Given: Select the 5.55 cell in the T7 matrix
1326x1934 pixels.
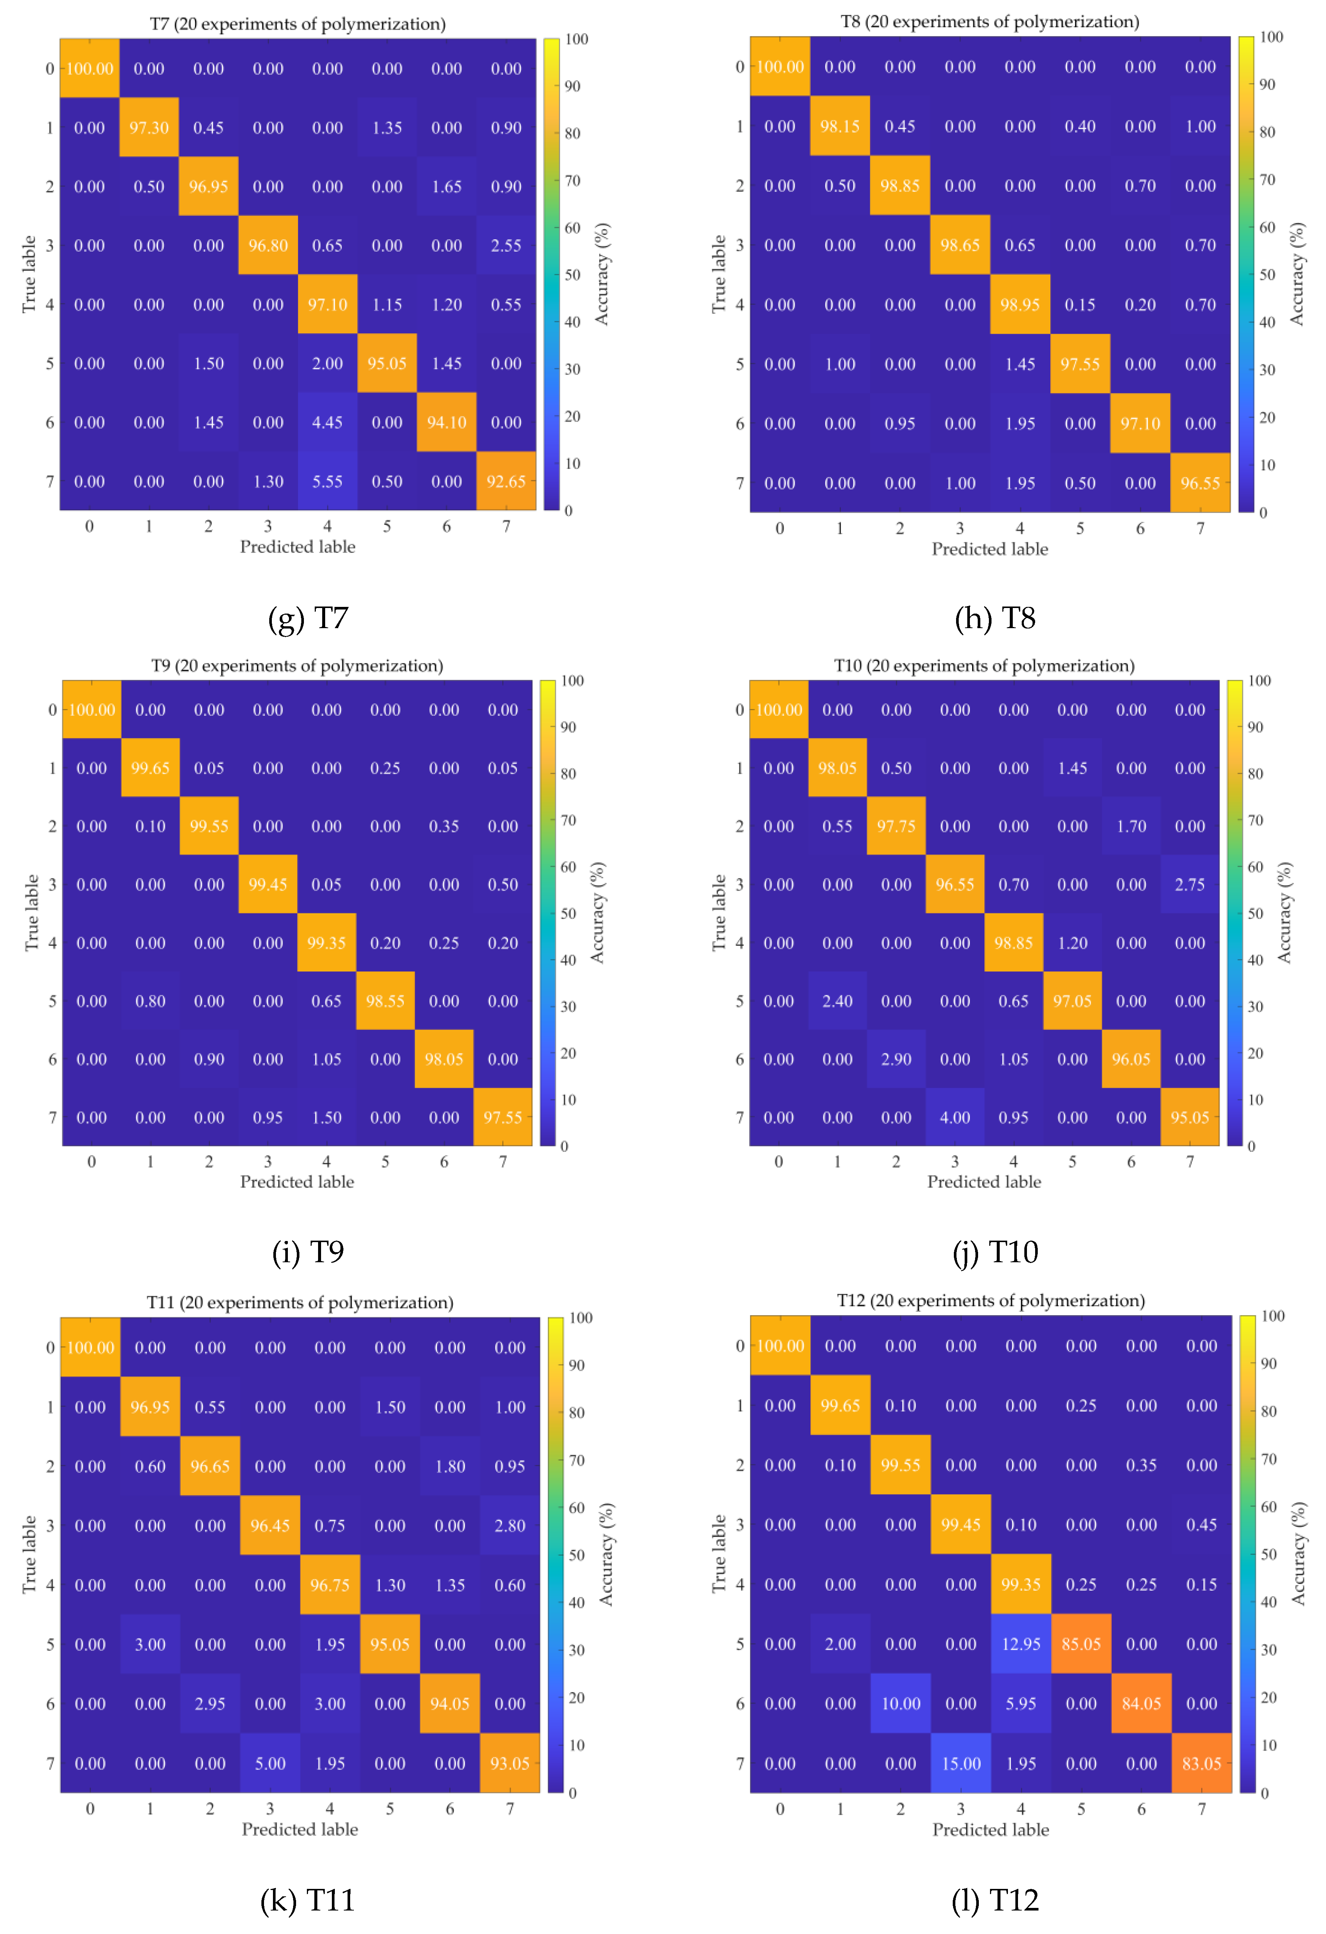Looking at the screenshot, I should [327, 481].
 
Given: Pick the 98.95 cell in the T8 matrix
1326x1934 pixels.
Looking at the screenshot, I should [1020, 305].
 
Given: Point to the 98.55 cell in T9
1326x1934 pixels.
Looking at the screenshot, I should [384, 1001].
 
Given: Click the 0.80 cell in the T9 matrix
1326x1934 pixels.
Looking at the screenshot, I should [150, 1001].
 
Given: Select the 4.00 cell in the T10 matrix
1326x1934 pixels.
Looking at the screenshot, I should [955, 1118].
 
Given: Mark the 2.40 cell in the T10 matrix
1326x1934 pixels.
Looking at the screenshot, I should [838, 1001].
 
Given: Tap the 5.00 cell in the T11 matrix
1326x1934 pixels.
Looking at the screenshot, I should [270, 1763].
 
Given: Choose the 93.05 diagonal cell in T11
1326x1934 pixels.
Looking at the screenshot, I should [509, 1763].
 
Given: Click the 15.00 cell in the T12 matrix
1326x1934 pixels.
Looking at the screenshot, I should [961, 1763].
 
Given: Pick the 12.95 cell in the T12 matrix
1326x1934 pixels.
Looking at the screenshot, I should [1021, 1644].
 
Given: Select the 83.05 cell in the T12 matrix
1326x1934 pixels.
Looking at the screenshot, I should [1201, 1763].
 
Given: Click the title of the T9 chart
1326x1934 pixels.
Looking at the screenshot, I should [297, 666].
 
